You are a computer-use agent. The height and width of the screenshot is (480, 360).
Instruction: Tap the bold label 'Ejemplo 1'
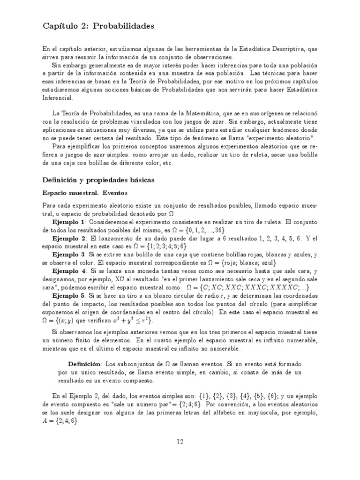coord(69,222)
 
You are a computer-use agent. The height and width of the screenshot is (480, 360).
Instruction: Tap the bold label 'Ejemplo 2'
coord(69,238)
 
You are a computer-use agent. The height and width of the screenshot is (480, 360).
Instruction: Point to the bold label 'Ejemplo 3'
coord(69,255)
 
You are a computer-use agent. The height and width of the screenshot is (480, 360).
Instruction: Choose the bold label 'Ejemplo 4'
coord(69,271)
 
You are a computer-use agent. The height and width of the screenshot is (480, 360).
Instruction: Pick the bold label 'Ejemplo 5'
coord(69,295)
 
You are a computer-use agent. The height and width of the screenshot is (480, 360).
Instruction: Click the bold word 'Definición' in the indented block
coord(84,364)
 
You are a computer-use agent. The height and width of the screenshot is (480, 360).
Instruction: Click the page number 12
coord(180,441)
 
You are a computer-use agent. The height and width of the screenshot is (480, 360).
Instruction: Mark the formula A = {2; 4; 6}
coord(60,421)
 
